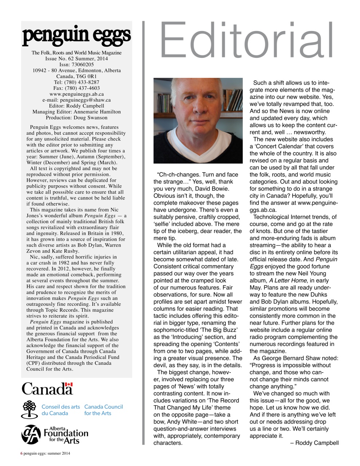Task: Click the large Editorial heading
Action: click(x=246, y=40)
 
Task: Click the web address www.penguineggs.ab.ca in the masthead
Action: click(x=76, y=94)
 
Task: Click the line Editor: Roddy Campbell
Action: click(x=76, y=106)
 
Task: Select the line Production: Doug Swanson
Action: click(x=76, y=118)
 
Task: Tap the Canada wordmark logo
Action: click(x=47, y=388)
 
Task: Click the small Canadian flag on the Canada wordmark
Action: click(x=69, y=384)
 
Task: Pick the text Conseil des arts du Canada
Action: click(x=60, y=410)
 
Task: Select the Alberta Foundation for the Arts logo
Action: click(x=55, y=434)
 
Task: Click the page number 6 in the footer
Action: click(x=21, y=453)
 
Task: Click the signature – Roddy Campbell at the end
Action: click(x=314, y=443)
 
